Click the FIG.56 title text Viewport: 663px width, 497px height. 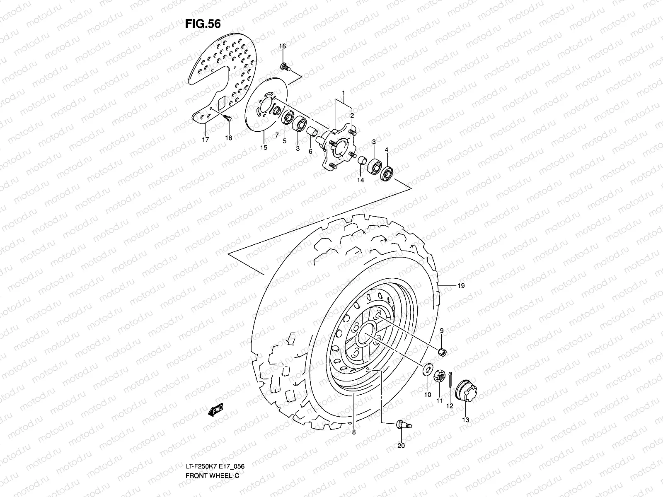pos(203,24)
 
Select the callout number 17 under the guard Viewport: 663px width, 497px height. pos(206,140)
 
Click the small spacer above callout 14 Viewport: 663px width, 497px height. pos(362,161)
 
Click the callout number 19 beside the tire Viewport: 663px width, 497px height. pos(461,286)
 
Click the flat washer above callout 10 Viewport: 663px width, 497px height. pos(427,369)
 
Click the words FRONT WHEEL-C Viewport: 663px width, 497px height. pos(213,475)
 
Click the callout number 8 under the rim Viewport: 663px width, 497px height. pos(353,432)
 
